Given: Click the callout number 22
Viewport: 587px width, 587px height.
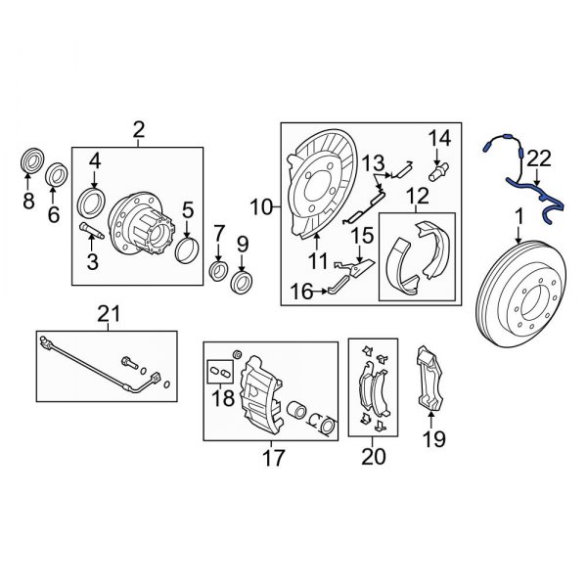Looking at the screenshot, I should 539,158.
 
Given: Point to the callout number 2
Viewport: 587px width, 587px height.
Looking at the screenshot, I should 138,129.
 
